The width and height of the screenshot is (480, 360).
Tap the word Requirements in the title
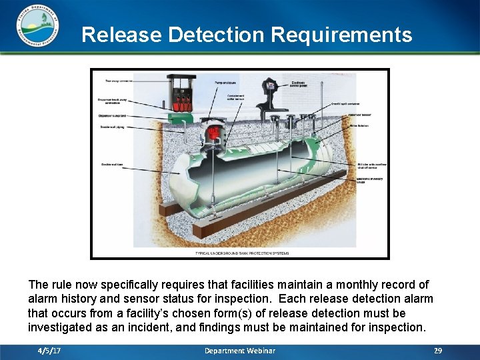(x=346, y=35)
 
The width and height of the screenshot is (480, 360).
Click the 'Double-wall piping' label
(x=113, y=127)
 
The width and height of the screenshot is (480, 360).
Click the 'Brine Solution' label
(x=358, y=125)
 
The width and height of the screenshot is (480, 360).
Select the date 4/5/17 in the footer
(x=49, y=351)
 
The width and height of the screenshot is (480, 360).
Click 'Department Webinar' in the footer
(x=239, y=351)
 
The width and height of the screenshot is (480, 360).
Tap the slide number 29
(x=438, y=351)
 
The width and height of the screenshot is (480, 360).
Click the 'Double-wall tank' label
(x=111, y=165)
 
